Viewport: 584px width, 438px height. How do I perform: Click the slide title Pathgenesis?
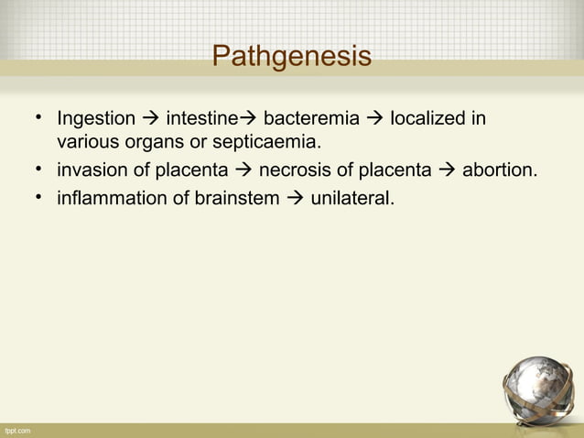tap(291, 57)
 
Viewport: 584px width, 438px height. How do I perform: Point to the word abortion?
tap(500, 170)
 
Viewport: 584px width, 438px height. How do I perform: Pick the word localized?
tap(428, 119)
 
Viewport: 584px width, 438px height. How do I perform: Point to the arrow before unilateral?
tap(296, 195)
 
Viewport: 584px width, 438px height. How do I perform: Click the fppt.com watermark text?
tap(17, 430)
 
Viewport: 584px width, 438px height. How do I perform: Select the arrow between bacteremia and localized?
tap(376, 119)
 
